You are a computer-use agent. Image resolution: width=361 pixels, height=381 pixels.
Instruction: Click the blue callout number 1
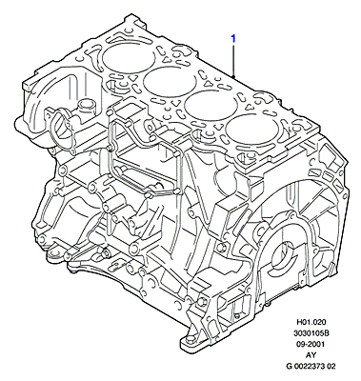233,39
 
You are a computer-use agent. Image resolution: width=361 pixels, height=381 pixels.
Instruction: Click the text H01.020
311,322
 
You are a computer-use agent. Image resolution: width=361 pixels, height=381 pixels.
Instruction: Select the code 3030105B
311,333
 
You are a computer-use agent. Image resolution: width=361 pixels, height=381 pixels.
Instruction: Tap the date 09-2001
311,344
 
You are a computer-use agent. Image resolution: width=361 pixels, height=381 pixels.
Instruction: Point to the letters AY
311,355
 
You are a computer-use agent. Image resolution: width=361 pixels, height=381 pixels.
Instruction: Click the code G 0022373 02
311,366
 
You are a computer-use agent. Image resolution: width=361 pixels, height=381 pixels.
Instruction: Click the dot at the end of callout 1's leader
233,76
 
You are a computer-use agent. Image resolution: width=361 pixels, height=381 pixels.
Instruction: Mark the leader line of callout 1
233,60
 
